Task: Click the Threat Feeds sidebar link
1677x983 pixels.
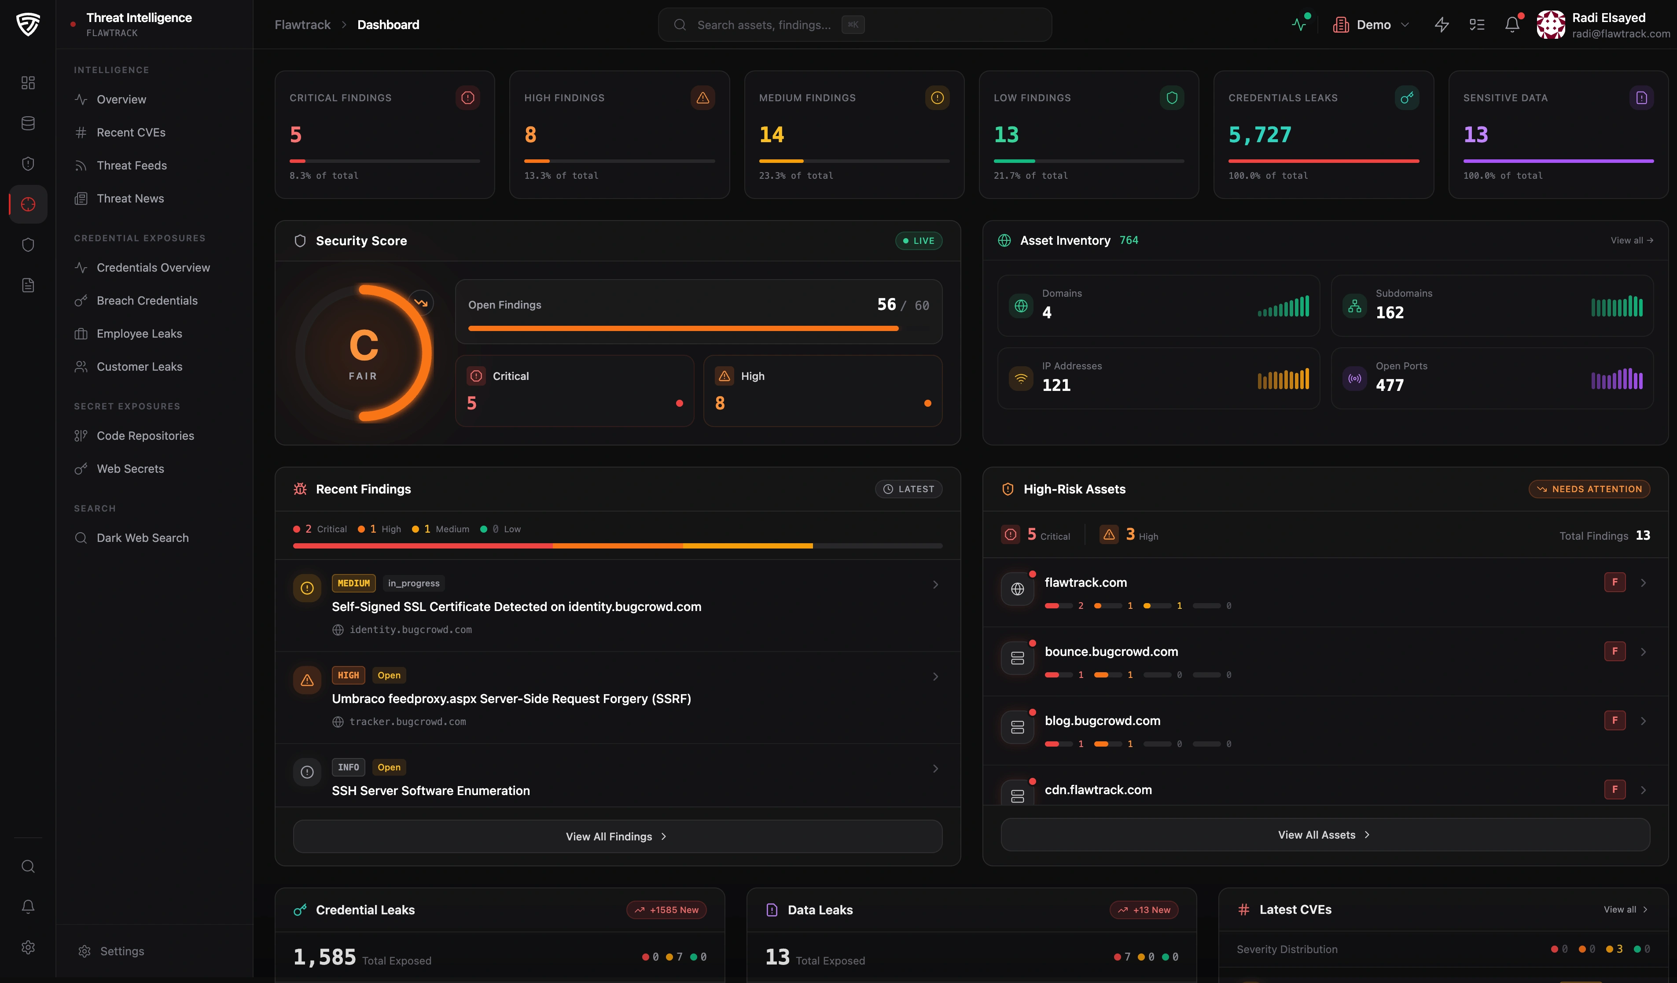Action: [x=131, y=165]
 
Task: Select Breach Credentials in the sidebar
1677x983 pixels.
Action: [x=147, y=300]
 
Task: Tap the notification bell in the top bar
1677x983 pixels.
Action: [x=1512, y=25]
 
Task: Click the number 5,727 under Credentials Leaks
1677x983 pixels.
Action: [x=1259, y=135]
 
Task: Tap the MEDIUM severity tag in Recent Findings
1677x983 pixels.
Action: [x=353, y=583]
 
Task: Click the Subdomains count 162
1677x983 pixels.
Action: [x=1390, y=313]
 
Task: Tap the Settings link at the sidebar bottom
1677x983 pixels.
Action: [x=122, y=951]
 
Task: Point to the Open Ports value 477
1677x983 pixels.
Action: [x=1390, y=385]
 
